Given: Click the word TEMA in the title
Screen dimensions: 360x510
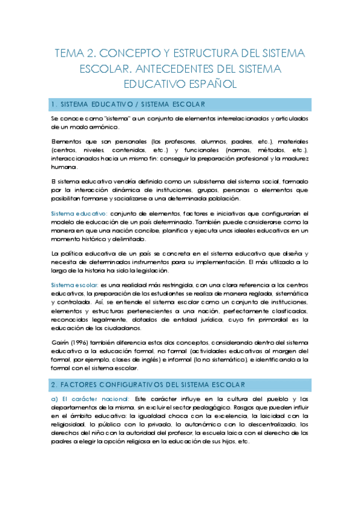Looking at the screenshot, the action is [72, 53].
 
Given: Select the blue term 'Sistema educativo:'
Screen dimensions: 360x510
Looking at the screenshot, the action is [79, 214].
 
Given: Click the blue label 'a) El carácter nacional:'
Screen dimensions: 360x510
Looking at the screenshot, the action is [90, 399].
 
